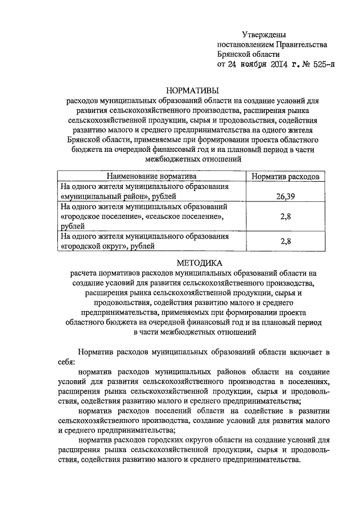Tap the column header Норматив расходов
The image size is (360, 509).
tap(285, 177)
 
